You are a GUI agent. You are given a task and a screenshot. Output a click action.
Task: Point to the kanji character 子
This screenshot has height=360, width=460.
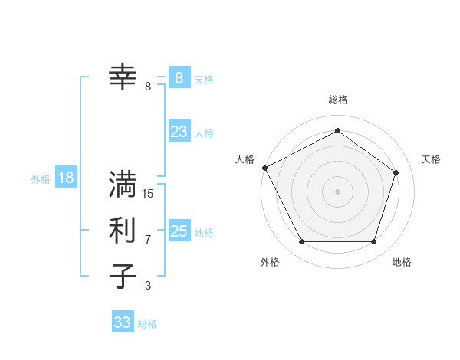click(123, 276)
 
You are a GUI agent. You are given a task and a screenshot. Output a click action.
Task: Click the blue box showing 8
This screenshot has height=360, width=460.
click(179, 77)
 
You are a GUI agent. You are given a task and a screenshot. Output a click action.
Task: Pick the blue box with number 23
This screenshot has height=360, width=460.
click(179, 132)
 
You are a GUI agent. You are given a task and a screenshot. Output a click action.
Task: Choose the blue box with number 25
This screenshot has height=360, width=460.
click(179, 231)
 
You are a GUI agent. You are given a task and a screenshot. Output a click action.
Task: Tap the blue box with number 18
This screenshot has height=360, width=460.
click(66, 178)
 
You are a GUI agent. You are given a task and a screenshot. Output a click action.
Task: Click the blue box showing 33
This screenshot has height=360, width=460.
click(123, 322)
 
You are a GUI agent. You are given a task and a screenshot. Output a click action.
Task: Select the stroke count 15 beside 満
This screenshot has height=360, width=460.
click(148, 194)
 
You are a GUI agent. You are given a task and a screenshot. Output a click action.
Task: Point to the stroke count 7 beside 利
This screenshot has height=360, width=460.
click(148, 240)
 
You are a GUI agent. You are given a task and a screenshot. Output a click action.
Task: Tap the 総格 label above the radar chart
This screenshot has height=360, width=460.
click(338, 100)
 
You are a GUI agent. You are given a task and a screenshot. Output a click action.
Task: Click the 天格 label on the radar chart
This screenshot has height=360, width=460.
click(431, 159)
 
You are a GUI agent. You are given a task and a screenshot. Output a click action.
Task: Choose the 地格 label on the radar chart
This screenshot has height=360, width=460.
click(402, 262)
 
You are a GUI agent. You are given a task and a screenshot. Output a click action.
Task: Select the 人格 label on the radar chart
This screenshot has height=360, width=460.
click(245, 159)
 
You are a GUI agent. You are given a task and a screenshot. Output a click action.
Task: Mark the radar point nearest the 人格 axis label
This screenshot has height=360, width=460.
click(264, 168)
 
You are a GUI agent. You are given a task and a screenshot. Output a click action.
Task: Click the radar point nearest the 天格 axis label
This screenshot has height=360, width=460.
click(396, 172)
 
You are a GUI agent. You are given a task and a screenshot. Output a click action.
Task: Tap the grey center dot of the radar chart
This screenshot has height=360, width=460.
click(337, 191)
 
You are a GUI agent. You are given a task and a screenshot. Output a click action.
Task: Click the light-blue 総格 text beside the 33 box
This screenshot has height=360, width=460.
click(147, 324)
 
